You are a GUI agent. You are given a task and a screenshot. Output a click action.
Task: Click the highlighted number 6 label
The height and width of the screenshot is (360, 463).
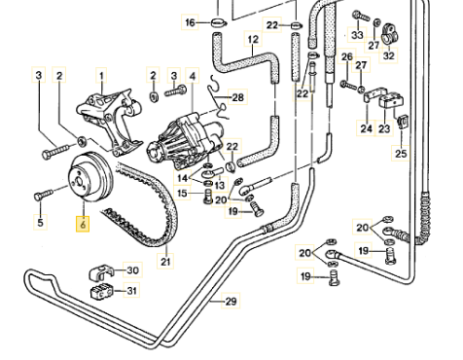(x=83, y=224)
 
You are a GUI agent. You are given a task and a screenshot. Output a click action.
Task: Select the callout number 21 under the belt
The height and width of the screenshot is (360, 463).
(x=165, y=261)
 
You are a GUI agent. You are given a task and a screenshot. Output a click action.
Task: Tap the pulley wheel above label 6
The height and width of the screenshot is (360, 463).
(x=90, y=177)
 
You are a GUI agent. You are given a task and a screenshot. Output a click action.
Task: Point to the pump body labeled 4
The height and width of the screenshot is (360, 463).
(x=185, y=139)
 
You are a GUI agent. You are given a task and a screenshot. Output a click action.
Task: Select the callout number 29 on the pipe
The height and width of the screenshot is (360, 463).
(x=231, y=302)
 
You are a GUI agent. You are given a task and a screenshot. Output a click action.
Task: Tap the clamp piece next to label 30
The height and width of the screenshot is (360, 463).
(x=100, y=273)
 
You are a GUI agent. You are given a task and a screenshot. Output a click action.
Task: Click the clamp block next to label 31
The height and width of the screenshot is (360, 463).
(x=101, y=291)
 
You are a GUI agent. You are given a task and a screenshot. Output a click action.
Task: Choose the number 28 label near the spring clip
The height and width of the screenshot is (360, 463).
(x=238, y=97)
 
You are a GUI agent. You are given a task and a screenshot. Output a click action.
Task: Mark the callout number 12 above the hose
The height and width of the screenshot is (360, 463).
(x=253, y=39)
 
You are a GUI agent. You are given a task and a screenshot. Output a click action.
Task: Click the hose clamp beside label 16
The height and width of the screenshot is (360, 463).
(x=218, y=23)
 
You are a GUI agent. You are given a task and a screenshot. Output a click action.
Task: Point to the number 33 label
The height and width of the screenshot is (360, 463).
(x=357, y=34)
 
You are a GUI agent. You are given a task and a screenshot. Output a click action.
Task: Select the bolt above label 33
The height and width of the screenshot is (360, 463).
(x=361, y=16)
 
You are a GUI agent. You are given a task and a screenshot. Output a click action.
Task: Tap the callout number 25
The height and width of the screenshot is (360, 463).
(x=401, y=153)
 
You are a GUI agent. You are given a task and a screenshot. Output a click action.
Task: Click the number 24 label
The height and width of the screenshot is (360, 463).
(x=367, y=128)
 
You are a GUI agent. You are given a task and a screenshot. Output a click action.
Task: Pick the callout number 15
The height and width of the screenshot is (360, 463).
(x=182, y=194)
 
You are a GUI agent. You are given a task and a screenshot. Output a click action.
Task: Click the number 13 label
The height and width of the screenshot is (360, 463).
(x=220, y=185)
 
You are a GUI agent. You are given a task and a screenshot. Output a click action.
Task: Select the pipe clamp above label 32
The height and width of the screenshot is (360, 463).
(x=389, y=34)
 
